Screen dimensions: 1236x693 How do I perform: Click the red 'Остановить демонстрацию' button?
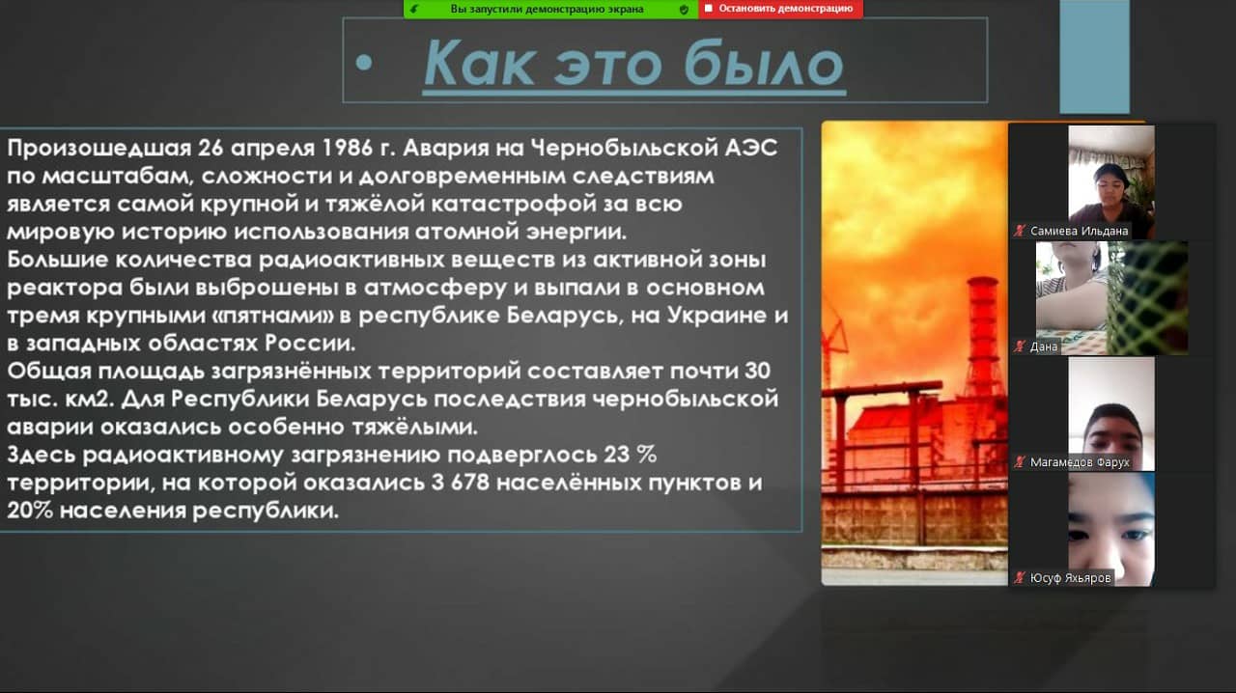point(780,9)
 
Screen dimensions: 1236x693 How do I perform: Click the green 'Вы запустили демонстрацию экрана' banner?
point(550,9)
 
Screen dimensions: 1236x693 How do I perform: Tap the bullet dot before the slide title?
point(364,63)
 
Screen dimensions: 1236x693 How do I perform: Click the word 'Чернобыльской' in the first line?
point(625,148)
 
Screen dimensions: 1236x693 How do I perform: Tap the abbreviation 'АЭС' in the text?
point(751,148)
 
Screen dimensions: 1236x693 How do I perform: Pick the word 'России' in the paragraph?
point(310,344)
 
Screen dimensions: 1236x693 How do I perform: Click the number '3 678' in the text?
point(461,483)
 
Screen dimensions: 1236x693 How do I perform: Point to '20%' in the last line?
point(30,511)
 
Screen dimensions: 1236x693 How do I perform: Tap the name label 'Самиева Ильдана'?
point(1079,231)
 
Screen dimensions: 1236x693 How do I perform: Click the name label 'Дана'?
point(1044,346)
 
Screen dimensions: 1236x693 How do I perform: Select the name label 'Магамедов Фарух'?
point(1080,461)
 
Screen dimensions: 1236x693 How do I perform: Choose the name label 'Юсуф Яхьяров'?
point(1070,578)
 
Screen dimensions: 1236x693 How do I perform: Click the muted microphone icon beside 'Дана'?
point(1020,346)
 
